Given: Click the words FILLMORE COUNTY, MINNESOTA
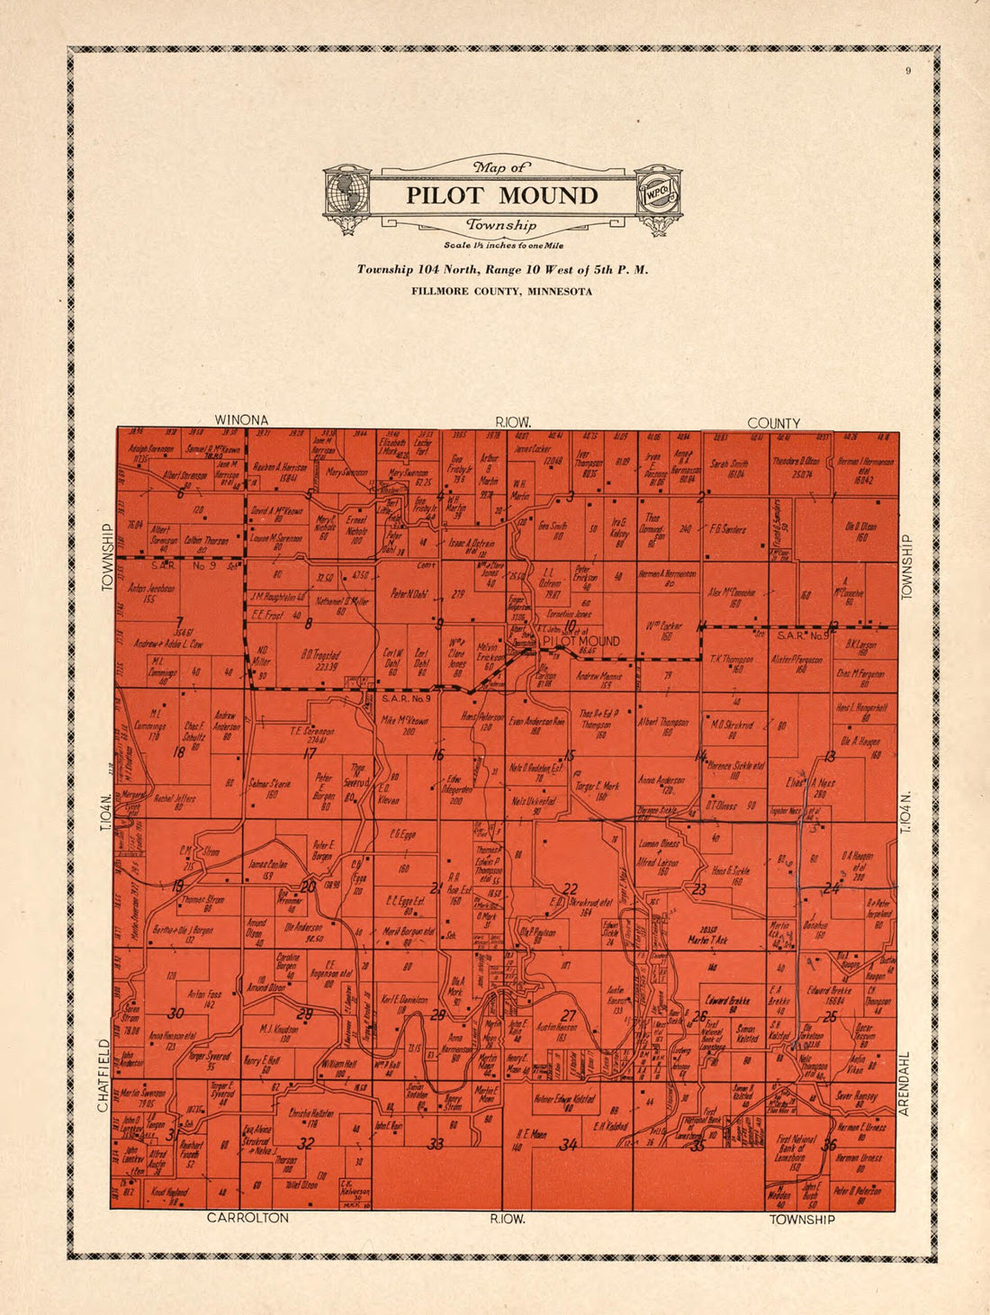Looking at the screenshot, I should pos(501,291).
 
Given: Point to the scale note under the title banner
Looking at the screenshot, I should pos(501,246).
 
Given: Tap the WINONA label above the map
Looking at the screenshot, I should pos(240,420).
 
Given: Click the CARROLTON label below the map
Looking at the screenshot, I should pos(247,1218).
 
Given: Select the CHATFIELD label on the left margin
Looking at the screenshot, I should pos(103,1076).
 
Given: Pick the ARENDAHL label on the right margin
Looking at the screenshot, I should pos(905,1084).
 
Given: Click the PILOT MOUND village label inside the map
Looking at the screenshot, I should pos(580,641).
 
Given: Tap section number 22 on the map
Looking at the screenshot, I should pos(570,888).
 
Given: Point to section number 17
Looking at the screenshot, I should pos(310,754).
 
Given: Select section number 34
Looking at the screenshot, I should pos(568,1146).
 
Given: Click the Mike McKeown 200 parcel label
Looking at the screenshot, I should pos(404,726).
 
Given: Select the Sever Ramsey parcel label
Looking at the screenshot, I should pos(856,1096).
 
